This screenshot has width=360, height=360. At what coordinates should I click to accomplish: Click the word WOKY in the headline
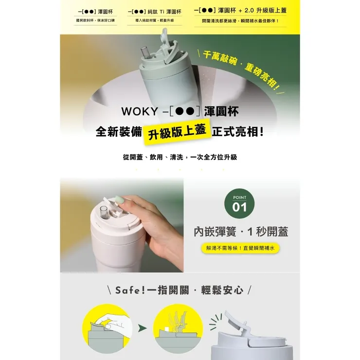pyautogui.click(x=138, y=111)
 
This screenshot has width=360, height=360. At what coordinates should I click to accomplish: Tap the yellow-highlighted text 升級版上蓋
pyautogui.click(x=178, y=131)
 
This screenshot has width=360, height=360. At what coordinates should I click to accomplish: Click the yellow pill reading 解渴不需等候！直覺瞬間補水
pyautogui.click(x=240, y=248)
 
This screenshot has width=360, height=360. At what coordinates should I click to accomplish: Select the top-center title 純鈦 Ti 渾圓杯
pyautogui.click(x=154, y=11)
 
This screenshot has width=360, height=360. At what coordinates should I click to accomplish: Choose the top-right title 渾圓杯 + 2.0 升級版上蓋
pyautogui.click(x=240, y=10)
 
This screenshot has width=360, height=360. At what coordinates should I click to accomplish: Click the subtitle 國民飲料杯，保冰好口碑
pyautogui.click(x=95, y=21)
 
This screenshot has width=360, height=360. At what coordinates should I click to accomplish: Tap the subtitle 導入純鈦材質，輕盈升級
pyautogui.click(x=154, y=21)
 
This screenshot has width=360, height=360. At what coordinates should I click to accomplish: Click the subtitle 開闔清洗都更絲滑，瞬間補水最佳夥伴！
pyautogui.click(x=240, y=21)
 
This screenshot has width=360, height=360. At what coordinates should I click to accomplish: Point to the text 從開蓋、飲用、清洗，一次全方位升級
pyautogui.click(x=180, y=157)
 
